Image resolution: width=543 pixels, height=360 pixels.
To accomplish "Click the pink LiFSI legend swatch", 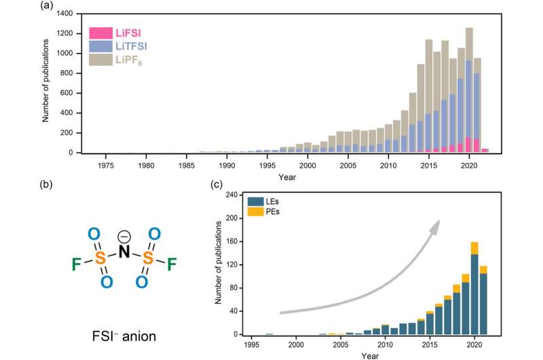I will point(100,32).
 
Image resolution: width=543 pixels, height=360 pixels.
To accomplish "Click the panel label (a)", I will point(47,6).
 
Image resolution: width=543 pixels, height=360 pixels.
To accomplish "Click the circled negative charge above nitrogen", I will point(124,236).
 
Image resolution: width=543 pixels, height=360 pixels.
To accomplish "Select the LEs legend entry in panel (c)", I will point(268,202).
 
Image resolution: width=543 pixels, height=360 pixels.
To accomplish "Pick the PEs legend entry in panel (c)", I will point(268,213).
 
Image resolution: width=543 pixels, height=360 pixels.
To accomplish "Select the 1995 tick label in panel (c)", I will point(252,345).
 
